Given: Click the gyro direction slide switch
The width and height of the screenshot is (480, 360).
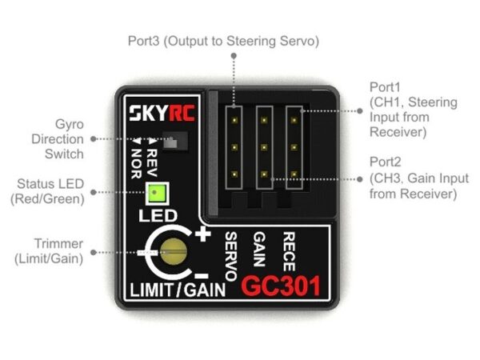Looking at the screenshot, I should (170, 142).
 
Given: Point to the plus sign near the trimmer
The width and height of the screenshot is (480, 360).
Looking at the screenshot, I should (202, 234).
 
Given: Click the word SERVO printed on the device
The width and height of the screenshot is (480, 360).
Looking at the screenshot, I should (231, 254).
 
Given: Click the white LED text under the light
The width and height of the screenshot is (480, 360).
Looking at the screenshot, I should (151, 216).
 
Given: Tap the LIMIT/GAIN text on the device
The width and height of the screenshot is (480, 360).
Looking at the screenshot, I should (176, 288).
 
